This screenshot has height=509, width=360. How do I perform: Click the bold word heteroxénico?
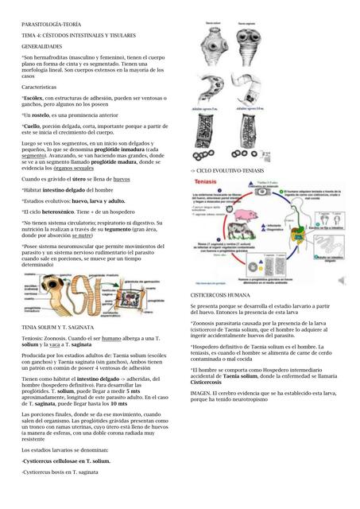pos(59,212)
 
